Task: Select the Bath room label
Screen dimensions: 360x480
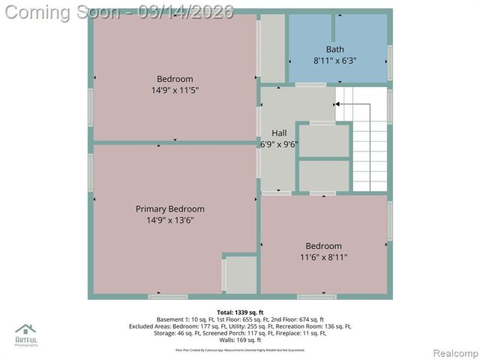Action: point(334,49)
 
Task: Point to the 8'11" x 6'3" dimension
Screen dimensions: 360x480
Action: point(334,61)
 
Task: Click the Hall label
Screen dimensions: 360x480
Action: point(278,133)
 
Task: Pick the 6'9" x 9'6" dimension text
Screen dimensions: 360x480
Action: point(278,144)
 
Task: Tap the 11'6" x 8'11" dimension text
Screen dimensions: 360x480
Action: point(323,256)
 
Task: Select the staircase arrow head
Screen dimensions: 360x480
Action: point(337,105)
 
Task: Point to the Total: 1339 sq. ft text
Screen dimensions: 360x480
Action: point(240,311)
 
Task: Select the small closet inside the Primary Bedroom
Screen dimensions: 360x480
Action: point(241,275)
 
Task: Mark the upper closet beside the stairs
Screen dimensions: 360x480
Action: point(324,141)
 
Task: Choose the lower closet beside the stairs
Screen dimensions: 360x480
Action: point(324,176)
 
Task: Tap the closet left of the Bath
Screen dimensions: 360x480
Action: point(272,48)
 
